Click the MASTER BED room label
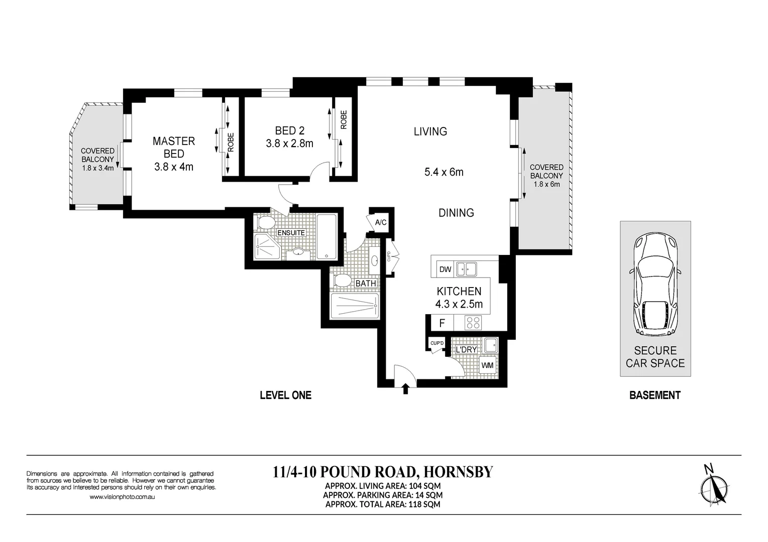pyautogui.click(x=174, y=148)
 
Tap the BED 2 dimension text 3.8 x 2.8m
pyautogui.click(x=289, y=144)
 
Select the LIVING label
pyautogui.click(x=430, y=131)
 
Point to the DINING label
pyautogui.click(x=456, y=213)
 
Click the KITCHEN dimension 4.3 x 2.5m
pyautogui.click(x=459, y=304)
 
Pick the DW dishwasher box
pyautogui.click(x=445, y=269)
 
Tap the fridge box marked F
pyautogui.click(x=442, y=323)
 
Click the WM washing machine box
pyautogui.click(x=487, y=365)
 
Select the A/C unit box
pyautogui.click(x=381, y=222)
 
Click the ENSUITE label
pyautogui.click(x=291, y=233)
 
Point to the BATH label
pyautogui.click(x=365, y=284)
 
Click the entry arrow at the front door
pyautogui.click(x=406, y=389)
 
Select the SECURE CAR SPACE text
pyautogui.click(x=655, y=357)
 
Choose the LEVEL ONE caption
pyautogui.click(x=285, y=395)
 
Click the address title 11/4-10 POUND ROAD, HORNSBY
pyautogui.click(x=383, y=472)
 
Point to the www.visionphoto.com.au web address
pyautogui.click(x=122, y=497)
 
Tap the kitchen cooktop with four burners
pyautogui.click(x=473, y=322)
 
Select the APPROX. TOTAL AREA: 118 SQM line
pyautogui.click(x=383, y=504)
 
